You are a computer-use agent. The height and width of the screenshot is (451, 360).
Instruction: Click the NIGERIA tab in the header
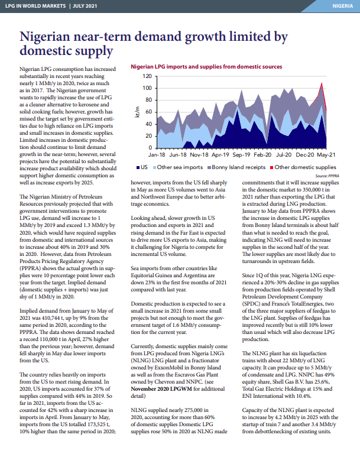(342, 6)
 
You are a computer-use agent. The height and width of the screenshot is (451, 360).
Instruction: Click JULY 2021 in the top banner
(85, 6)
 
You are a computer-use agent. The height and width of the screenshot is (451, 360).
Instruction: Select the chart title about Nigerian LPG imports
(206, 67)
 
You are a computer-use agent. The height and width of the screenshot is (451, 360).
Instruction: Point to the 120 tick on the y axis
(147, 76)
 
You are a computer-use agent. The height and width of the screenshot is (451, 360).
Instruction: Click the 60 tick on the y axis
(148, 112)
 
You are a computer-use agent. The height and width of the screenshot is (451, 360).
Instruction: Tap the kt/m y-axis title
(137, 112)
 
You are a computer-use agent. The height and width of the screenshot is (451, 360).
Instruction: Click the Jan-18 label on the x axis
(157, 155)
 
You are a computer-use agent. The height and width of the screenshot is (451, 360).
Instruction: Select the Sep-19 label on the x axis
(241, 155)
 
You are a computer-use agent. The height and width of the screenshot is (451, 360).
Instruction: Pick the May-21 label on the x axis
(326, 155)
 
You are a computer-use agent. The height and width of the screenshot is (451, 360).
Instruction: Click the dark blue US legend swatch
(138, 167)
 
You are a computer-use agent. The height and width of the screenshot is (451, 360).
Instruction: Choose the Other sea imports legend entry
(178, 167)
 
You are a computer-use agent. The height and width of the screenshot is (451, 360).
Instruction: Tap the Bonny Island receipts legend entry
(236, 167)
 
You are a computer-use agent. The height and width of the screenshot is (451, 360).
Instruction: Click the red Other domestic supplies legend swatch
(272, 167)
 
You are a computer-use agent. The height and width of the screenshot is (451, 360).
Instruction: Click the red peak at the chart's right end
(322, 83)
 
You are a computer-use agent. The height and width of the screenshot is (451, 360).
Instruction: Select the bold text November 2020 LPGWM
(161, 389)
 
